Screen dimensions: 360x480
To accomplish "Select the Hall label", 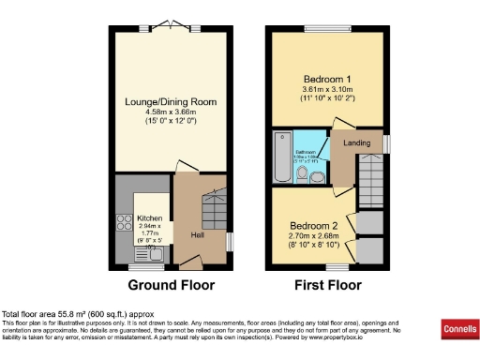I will tap(199, 234).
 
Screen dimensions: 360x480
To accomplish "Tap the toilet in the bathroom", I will tap(316, 173).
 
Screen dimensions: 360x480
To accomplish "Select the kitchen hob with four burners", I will tap(123, 225).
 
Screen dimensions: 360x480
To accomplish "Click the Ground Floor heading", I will tap(171, 285).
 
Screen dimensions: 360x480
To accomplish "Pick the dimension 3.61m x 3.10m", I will tap(324, 89).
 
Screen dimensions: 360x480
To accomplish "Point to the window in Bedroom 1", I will tap(328, 25).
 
